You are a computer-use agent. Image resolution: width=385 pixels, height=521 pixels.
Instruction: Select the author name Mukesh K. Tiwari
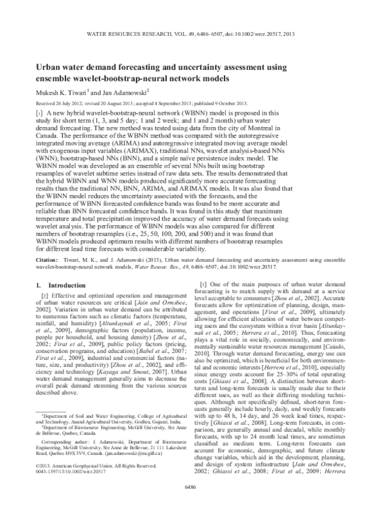pos(62,92)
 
